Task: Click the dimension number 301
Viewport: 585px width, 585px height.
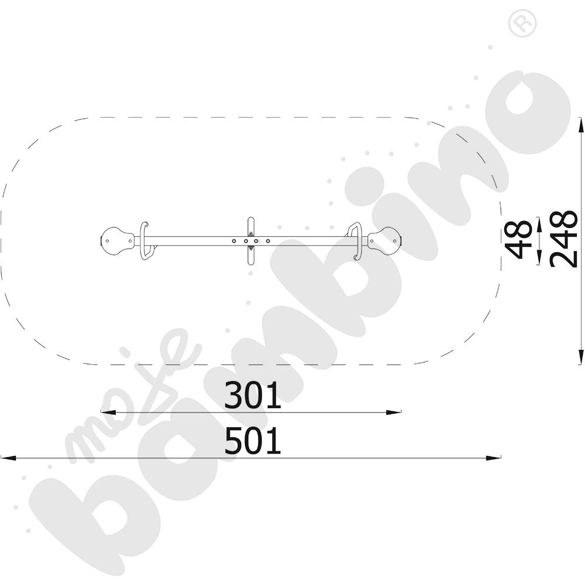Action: pyautogui.click(x=253, y=395)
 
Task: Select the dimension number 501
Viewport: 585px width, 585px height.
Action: pyautogui.click(x=253, y=441)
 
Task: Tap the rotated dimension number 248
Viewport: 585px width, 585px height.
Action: pyautogui.click(x=564, y=239)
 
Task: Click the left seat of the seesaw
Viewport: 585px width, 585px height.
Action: pyautogui.click(x=117, y=241)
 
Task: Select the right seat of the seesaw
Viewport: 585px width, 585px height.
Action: pyautogui.click(x=385, y=241)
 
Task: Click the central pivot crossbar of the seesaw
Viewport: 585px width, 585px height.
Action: pyautogui.click(x=251, y=241)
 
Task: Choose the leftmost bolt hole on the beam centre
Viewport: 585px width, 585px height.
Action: pyautogui.click(x=233, y=241)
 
